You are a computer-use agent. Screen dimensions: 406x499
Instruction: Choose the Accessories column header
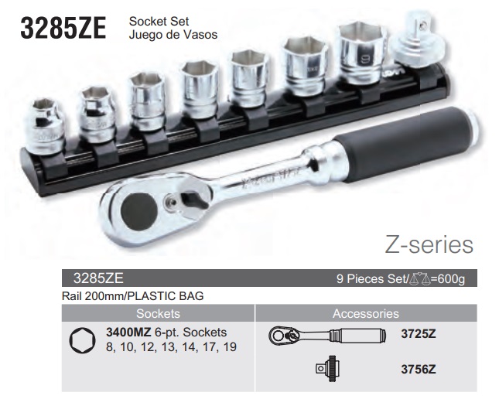click(365, 314)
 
